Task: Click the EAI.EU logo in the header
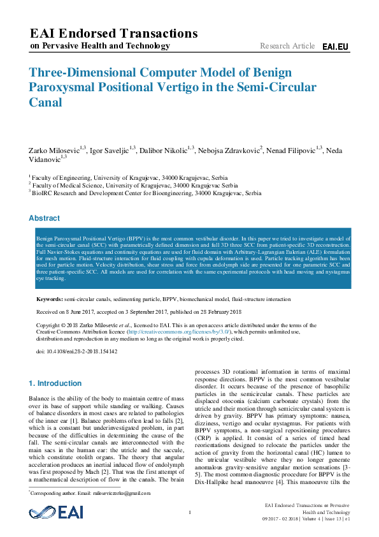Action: point(336,47)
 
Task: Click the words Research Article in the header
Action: point(287,46)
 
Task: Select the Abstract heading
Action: point(44,218)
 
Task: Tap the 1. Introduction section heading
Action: point(55,383)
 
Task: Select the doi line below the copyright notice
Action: point(76,351)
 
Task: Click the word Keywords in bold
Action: point(49,298)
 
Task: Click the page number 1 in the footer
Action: point(190,513)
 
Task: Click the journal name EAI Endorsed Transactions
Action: point(114,33)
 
